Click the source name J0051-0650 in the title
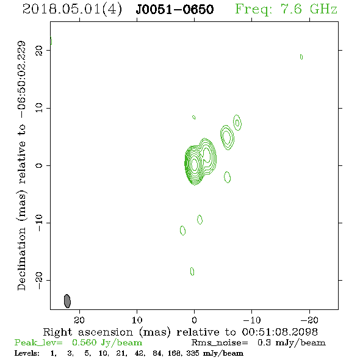click(x=175, y=10)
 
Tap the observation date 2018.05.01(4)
click(x=72, y=10)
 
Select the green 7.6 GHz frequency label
click(x=286, y=9)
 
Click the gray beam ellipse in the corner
click(x=67, y=301)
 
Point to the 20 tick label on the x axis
click(x=79, y=320)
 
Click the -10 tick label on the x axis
click(x=252, y=320)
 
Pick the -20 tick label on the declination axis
click(x=39, y=280)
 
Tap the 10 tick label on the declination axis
click(x=39, y=107)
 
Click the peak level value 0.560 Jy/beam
click(x=107, y=342)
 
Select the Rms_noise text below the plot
click(x=220, y=342)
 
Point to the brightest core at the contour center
click(x=194, y=164)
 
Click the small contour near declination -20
click(x=192, y=272)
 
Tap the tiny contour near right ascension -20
click(x=301, y=57)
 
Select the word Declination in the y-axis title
click(x=21, y=259)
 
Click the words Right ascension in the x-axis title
click(x=88, y=332)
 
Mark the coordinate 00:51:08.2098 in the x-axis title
click(x=280, y=332)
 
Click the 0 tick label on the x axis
click(x=194, y=320)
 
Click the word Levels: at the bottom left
click(x=27, y=353)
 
